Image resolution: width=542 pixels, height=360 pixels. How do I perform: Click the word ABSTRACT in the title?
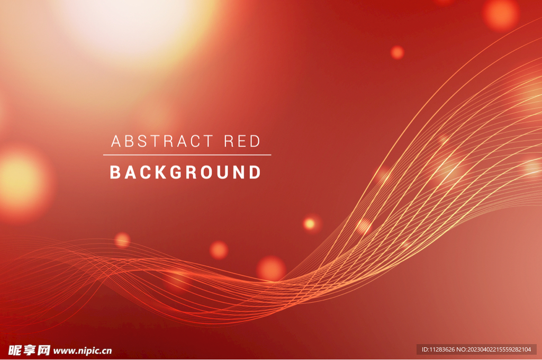coord(162,141)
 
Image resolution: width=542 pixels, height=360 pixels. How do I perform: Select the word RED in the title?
coord(242,141)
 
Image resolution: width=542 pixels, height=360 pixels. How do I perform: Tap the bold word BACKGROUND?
coord(185,172)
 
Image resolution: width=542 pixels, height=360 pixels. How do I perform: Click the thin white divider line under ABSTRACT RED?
coord(187,155)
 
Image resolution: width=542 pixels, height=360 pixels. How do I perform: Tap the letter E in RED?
coord(242,141)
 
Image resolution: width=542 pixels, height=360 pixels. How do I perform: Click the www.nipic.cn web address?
coord(83,350)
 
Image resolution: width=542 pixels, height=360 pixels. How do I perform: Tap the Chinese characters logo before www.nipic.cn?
coord(30,350)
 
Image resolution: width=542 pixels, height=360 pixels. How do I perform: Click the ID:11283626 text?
coord(438,349)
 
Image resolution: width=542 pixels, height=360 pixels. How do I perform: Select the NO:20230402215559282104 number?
coord(494,349)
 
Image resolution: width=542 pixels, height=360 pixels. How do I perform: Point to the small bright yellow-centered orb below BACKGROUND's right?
coord(310,224)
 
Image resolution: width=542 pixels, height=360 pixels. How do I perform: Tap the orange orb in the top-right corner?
coord(501,14)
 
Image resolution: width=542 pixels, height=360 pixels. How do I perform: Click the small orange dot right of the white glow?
coord(397,52)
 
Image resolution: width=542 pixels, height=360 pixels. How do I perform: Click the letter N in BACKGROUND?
coord(239,172)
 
